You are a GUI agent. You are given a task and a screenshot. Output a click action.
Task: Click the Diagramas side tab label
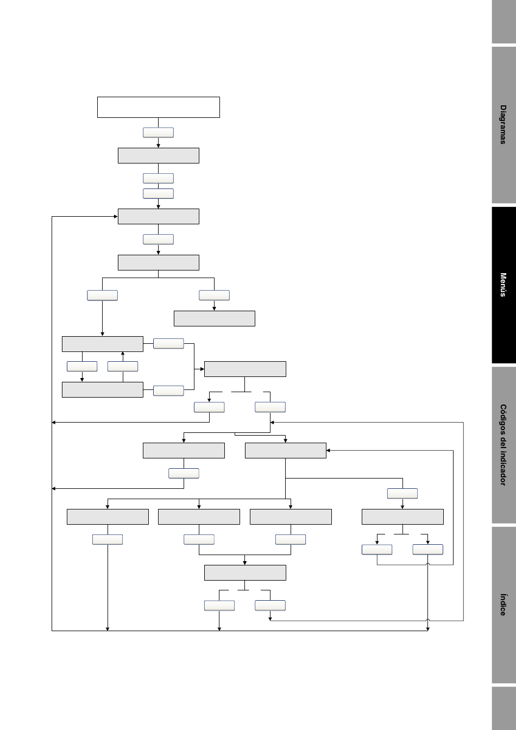click(x=504, y=124)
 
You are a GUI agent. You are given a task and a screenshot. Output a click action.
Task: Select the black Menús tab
click(x=504, y=285)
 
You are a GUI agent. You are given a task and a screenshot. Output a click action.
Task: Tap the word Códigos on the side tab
click(x=504, y=419)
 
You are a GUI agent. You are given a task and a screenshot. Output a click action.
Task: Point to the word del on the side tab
click(x=504, y=444)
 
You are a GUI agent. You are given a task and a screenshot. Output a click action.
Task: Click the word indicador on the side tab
click(x=504, y=469)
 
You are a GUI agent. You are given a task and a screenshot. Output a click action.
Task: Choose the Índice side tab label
click(x=504, y=605)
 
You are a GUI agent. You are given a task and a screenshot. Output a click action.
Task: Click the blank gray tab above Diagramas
click(x=504, y=22)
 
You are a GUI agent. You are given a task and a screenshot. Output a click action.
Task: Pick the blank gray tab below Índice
click(x=504, y=708)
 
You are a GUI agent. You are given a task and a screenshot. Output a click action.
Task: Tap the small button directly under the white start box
click(x=159, y=133)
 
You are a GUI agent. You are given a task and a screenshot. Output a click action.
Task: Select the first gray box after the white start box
click(x=159, y=156)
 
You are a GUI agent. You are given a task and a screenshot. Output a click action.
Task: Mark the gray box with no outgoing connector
click(x=215, y=318)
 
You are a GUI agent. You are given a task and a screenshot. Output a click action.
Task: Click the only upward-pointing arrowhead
click(x=123, y=354)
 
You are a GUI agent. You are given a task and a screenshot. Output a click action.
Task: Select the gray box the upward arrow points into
click(x=102, y=344)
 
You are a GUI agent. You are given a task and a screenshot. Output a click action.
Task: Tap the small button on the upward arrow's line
click(x=123, y=366)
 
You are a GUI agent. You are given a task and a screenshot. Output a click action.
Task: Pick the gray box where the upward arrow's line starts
click(x=102, y=390)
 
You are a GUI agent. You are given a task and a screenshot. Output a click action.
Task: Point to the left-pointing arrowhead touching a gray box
click(x=328, y=450)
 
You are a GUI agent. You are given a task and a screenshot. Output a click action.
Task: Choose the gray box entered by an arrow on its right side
click(x=286, y=451)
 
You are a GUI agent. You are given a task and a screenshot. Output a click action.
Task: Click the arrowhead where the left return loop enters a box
click(x=116, y=216)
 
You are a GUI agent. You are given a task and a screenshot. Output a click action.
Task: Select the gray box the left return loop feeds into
click(x=159, y=216)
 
